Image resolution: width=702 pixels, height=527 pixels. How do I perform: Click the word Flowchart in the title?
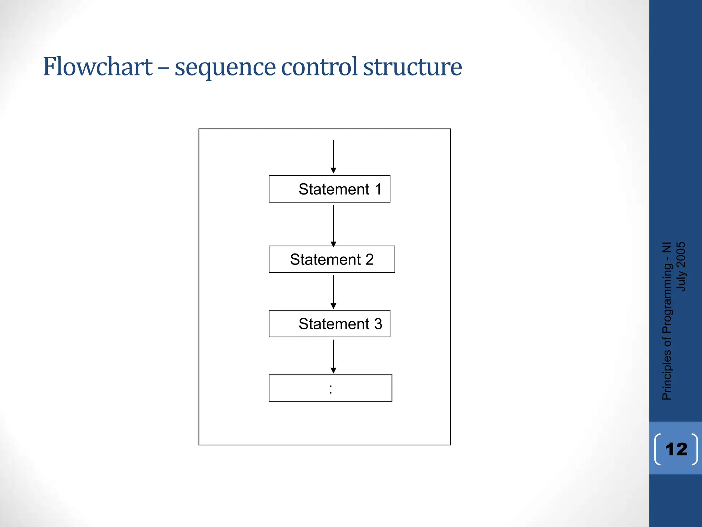click(98, 67)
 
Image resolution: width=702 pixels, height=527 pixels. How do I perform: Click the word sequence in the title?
click(225, 68)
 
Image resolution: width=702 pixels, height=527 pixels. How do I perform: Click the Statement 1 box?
click(329, 189)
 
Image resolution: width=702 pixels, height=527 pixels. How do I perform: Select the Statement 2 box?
click(332, 259)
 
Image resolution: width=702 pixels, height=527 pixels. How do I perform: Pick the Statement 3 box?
click(329, 324)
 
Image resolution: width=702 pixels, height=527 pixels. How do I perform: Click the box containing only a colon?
click(330, 388)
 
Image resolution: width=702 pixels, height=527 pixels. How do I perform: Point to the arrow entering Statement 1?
click(333, 156)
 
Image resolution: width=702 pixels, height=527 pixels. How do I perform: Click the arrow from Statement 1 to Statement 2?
click(333, 225)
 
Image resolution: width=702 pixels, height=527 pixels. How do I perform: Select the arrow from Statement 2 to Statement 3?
click(333, 292)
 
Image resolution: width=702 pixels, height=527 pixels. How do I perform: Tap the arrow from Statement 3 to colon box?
click(333, 356)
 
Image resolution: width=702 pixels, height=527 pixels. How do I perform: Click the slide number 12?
click(676, 449)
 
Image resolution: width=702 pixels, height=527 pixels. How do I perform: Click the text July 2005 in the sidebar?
click(681, 267)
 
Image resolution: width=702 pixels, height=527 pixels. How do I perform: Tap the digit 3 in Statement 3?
click(378, 324)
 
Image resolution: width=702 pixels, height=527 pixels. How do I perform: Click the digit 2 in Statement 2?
click(370, 259)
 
